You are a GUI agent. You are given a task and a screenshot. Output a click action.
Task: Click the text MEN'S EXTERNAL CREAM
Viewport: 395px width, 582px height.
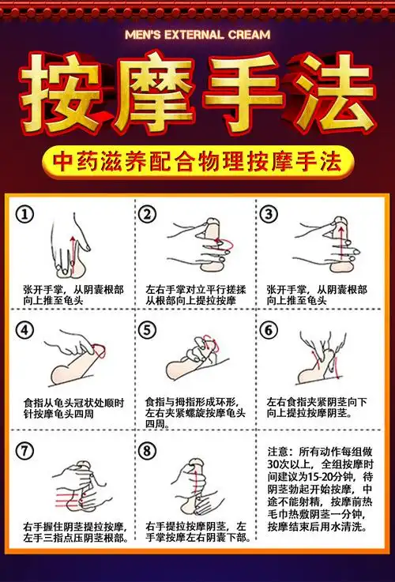pyautogui.click(x=197, y=35)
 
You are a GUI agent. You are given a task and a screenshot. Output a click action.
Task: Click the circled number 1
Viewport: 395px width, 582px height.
pyautogui.click(x=27, y=215)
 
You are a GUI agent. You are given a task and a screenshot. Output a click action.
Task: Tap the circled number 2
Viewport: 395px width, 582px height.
pyautogui.click(x=147, y=215)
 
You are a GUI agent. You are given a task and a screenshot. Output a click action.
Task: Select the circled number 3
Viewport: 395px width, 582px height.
pyautogui.click(x=269, y=215)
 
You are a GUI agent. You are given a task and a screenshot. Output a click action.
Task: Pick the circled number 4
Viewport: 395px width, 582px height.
pyautogui.click(x=27, y=330)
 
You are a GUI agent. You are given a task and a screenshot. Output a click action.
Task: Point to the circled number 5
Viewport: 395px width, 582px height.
pyautogui.click(x=147, y=330)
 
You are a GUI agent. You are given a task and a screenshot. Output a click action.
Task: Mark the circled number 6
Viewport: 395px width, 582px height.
pyautogui.click(x=269, y=330)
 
